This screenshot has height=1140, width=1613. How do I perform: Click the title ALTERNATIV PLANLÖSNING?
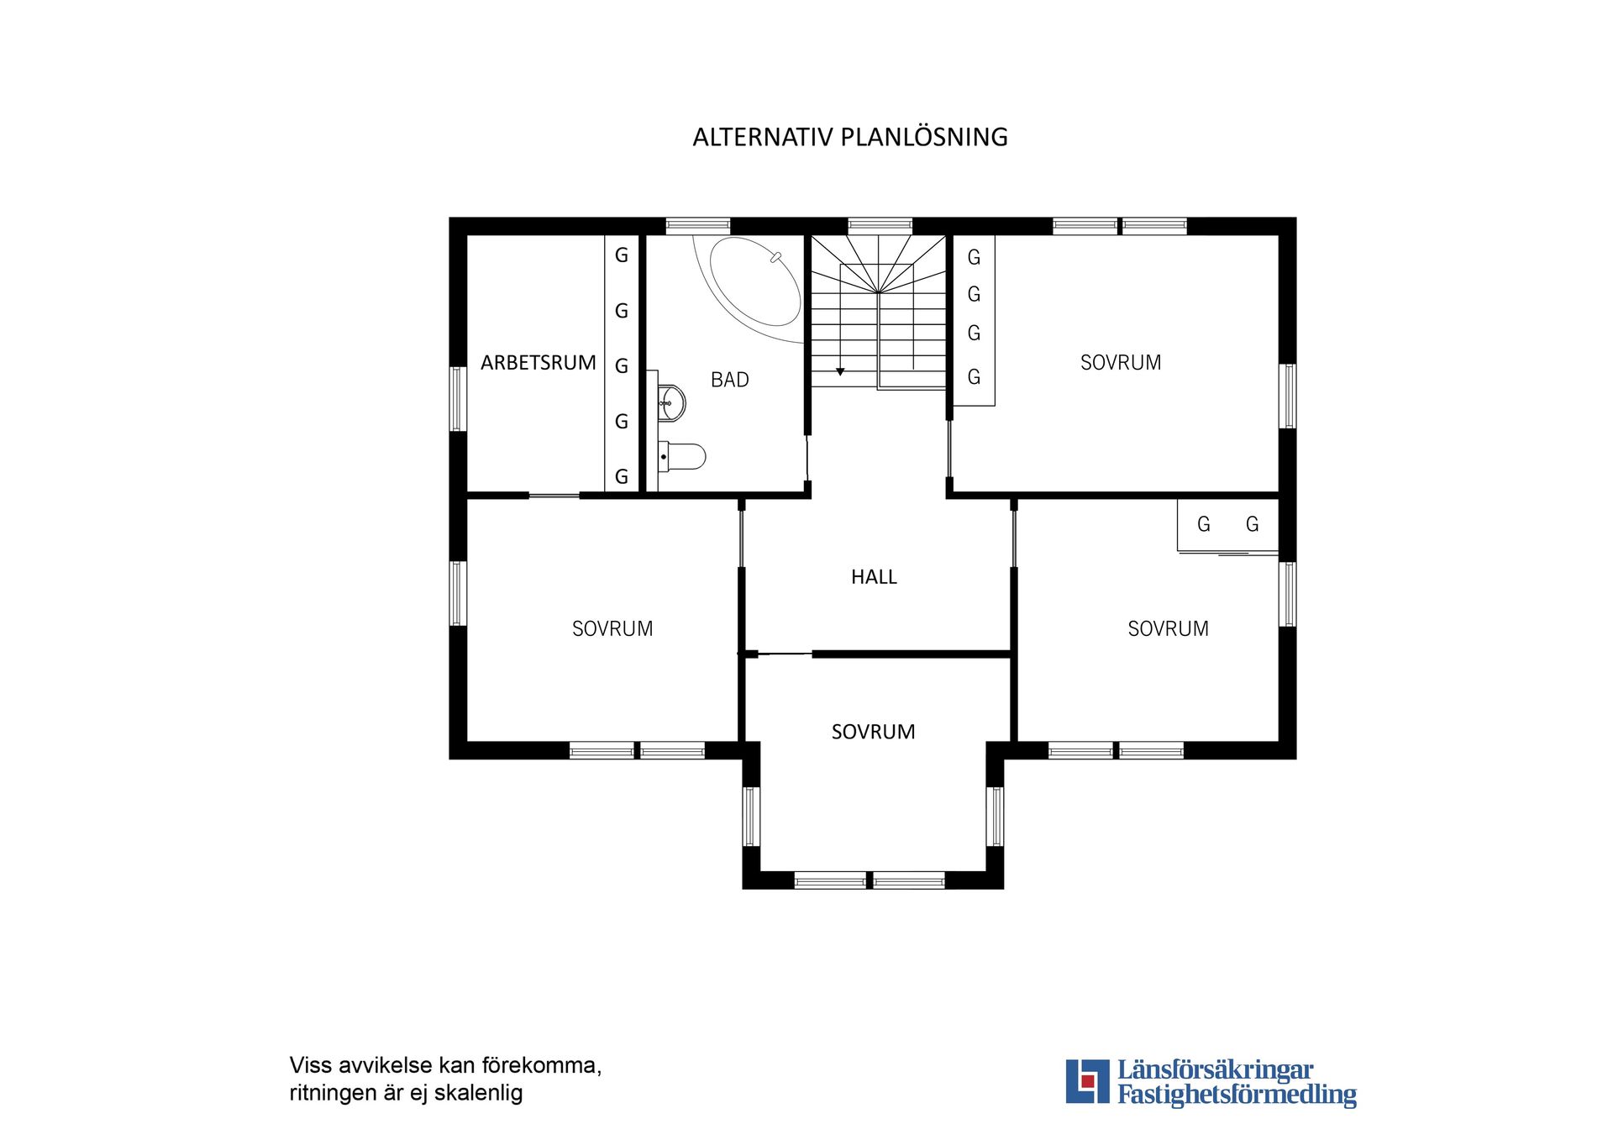click(849, 137)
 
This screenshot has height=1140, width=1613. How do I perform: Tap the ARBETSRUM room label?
click(538, 363)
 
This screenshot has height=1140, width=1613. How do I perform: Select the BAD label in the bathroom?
click(729, 380)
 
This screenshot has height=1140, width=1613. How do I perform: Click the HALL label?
click(874, 577)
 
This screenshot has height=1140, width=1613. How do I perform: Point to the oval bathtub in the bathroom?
click(754, 282)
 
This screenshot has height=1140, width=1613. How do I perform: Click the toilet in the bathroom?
click(684, 457)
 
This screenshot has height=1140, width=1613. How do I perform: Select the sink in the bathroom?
click(672, 403)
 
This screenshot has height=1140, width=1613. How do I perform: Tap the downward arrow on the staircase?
click(839, 370)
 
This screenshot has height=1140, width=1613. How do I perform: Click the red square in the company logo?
click(1088, 1081)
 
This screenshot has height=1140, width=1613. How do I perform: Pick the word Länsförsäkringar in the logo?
click(1215, 1070)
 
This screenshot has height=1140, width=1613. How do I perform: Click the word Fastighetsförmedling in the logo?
click(1237, 1095)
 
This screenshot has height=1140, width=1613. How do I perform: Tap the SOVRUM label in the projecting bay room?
click(873, 732)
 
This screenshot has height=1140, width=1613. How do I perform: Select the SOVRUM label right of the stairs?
click(1121, 363)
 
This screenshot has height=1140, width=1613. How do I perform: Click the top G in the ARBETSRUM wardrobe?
click(622, 255)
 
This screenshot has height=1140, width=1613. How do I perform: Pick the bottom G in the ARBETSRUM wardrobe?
click(622, 476)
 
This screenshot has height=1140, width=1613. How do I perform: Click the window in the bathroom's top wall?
click(697, 225)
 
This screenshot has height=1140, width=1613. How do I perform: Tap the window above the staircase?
click(880, 225)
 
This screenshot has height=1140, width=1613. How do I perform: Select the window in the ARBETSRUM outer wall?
click(458, 398)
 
